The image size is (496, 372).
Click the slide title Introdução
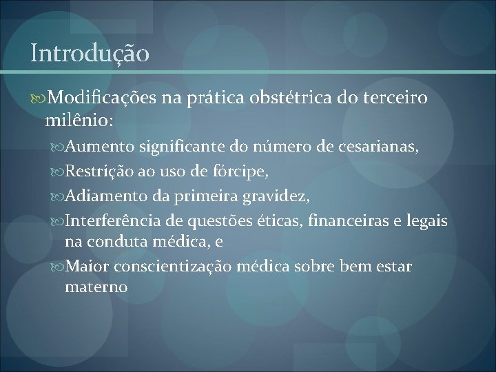(90, 53)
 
